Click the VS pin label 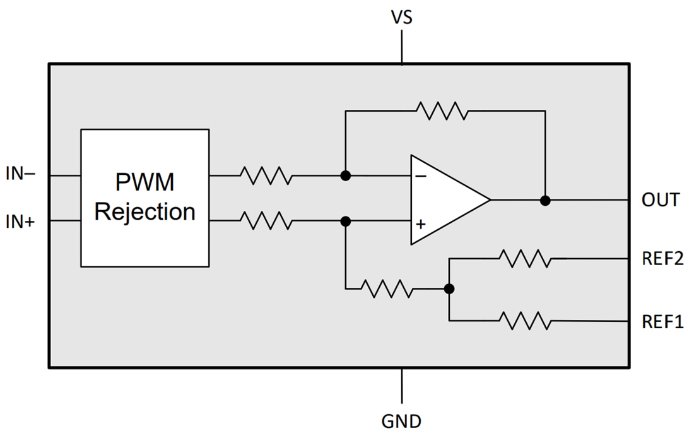(401, 17)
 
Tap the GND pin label (401, 420)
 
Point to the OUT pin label (660, 201)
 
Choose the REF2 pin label (662, 258)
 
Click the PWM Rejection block (144, 198)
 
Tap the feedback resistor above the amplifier (442, 111)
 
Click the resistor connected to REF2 (524, 258)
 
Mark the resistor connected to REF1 (524, 321)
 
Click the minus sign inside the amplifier (421, 177)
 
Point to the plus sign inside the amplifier (421, 223)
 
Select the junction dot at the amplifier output (545, 201)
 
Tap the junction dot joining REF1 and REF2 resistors (449, 289)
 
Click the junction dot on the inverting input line (345, 175)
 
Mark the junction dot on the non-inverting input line (345, 222)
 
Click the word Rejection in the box (144, 212)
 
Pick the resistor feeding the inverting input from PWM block (266, 175)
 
